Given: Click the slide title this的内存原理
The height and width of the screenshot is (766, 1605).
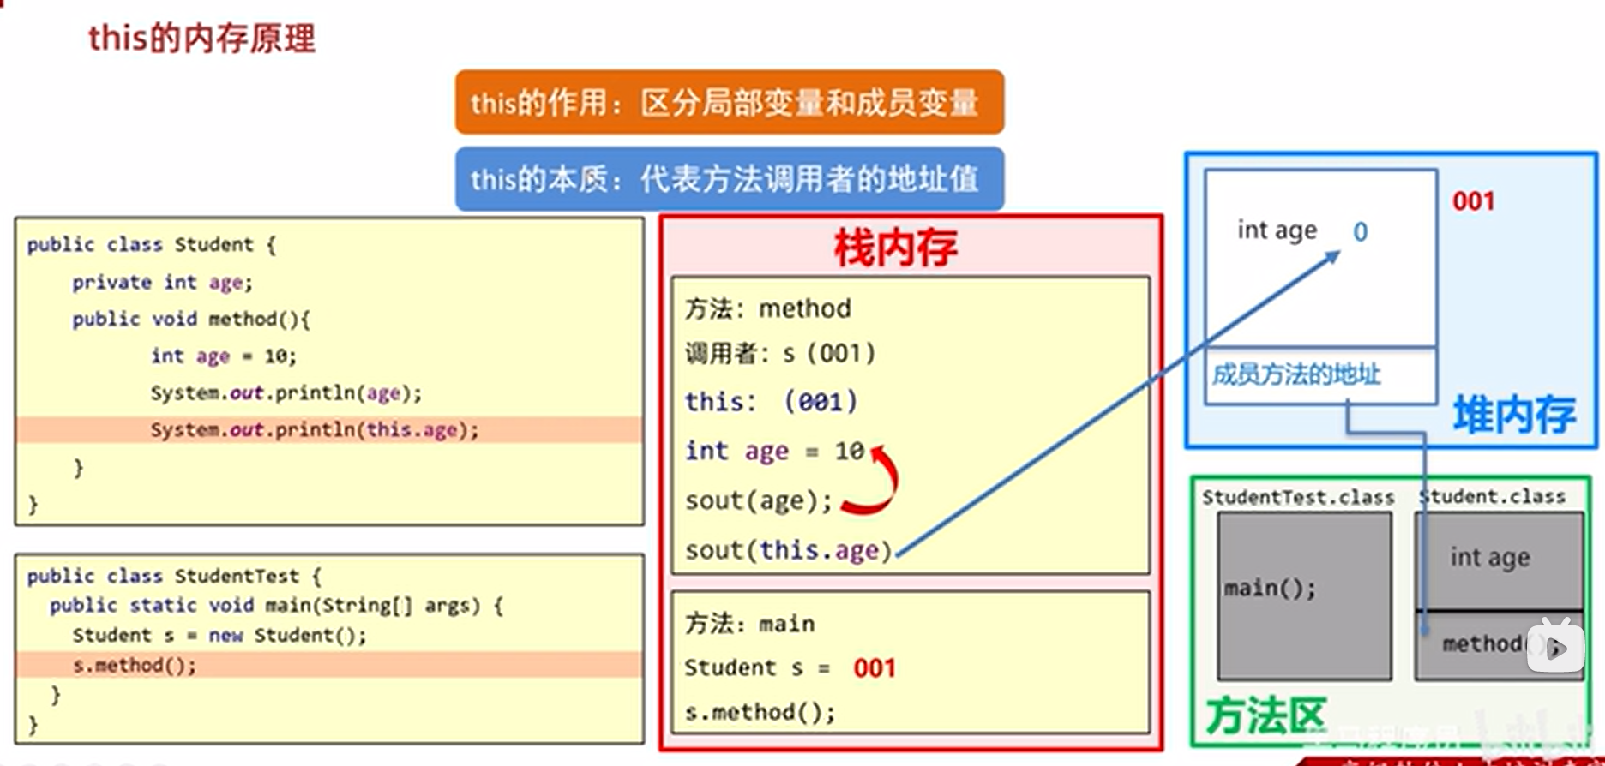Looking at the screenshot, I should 201,38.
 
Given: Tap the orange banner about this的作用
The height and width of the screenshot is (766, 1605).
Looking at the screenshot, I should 729,103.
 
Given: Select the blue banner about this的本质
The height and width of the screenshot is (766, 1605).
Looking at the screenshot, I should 729,179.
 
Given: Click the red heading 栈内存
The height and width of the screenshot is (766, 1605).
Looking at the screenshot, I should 895,248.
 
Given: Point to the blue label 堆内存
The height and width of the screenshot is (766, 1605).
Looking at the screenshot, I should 1514,416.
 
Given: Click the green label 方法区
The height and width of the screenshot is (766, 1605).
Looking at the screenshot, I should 1265,715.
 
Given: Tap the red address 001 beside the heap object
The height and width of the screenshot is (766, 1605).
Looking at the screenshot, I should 1473,201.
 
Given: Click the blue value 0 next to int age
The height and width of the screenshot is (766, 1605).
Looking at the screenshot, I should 1360,231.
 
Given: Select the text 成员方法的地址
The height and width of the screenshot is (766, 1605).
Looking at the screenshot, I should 1296,374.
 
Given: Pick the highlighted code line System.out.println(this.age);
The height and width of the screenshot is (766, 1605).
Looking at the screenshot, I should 314,429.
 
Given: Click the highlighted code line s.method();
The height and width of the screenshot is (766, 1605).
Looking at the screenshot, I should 135,665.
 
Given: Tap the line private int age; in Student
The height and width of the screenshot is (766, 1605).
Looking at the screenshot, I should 162,282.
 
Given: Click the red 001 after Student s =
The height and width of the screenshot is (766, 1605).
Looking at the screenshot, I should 875,668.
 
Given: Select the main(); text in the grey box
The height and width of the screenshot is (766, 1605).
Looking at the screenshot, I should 1269,588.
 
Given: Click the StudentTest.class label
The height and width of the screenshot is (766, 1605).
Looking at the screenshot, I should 1297,497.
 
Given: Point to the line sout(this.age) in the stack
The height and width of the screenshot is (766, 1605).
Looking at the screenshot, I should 788,550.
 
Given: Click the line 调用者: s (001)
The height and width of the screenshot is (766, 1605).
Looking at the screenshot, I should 779,353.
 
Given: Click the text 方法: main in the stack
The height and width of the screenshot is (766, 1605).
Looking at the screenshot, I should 749,623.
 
